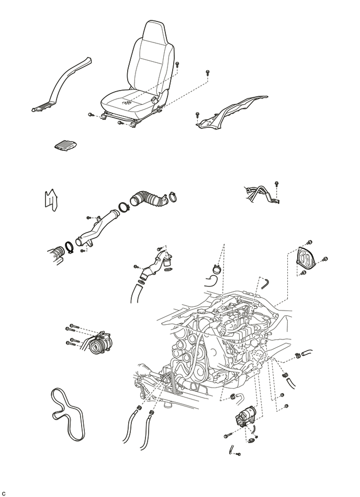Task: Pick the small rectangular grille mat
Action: tap(66, 145)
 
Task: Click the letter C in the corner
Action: tap(4, 493)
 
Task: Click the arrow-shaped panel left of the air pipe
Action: tap(50, 201)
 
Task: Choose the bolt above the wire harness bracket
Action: tap(277, 183)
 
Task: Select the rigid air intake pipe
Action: tap(95, 231)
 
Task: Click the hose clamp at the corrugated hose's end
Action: tap(172, 196)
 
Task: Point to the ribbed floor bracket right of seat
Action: tap(232, 113)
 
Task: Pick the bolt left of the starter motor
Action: tap(228, 436)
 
